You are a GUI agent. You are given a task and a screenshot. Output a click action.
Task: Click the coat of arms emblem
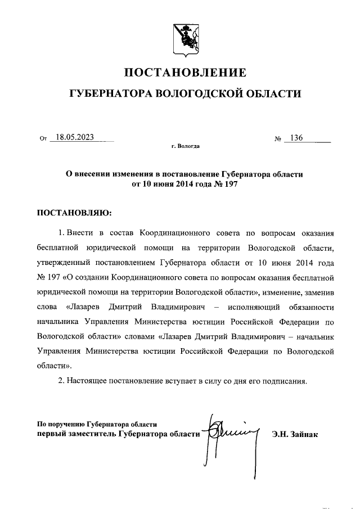pos(184,39)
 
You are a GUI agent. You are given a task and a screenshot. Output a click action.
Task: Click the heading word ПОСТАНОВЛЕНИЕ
pos(185,73)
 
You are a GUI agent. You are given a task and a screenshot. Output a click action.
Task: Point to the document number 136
pos(297,138)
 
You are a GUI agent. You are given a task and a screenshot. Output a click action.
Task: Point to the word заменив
pos(319,292)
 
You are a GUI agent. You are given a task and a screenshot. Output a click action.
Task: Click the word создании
pos(92,277)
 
